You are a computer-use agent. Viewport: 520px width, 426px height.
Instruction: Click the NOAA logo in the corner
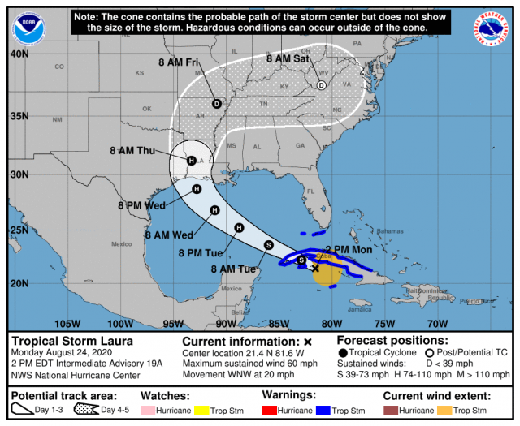(x=29, y=28)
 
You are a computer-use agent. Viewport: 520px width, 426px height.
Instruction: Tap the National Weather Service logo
(x=490, y=28)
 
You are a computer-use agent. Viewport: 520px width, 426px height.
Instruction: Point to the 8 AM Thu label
(x=132, y=150)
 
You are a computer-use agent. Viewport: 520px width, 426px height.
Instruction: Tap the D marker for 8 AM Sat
(x=322, y=85)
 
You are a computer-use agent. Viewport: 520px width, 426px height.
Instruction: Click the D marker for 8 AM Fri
(x=217, y=103)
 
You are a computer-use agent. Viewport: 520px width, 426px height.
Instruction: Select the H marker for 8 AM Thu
(x=191, y=161)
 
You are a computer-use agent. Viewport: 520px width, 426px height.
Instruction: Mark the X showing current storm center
(x=315, y=267)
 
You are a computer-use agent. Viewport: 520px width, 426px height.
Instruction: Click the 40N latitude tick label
(x=19, y=54)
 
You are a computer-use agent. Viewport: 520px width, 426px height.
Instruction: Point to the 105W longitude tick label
(x=68, y=324)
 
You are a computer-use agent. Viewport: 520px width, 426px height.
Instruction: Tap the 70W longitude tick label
(x=438, y=324)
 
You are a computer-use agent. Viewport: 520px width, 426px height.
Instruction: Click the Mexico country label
(x=121, y=243)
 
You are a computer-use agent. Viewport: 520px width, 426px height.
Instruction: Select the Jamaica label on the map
(x=361, y=309)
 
